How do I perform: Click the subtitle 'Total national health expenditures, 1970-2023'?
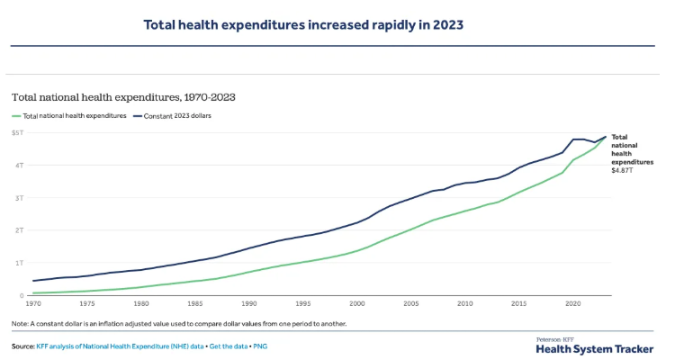coord(123,95)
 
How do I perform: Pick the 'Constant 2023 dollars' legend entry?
coord(176,115)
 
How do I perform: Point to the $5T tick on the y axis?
coord(17,132)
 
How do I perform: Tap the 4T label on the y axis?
coord(18,165)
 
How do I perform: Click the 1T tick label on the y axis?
coord(18,263)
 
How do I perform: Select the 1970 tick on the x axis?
coord(33,304)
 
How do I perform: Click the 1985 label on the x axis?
coord(195,304)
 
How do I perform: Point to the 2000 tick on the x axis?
coord(357,304)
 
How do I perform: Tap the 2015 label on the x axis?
coord(519,304)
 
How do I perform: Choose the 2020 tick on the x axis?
coord(573,304)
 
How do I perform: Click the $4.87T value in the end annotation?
coord(624,170)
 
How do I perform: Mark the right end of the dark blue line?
coord(606,137)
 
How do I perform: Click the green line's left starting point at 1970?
coord(33,293)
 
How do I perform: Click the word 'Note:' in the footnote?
coord(20,323)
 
